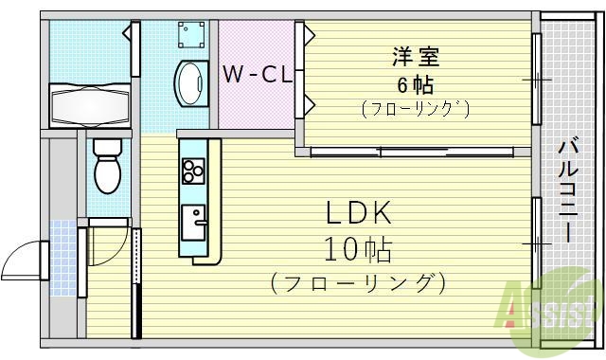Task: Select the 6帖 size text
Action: click(415, 83)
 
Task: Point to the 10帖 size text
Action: click(358, 249)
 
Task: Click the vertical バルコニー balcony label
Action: click(570, 190)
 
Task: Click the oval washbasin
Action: click(189, 81)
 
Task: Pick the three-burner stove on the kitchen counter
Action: click(194, 171)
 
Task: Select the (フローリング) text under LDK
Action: click(357, 282)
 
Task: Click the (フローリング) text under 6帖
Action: click(415, 109)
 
